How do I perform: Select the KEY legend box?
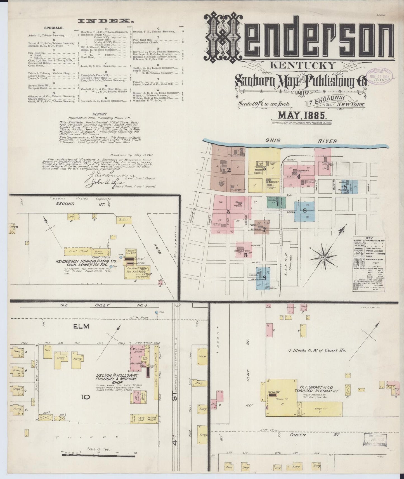coord(369,264)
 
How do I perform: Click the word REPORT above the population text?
coord(101,114)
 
